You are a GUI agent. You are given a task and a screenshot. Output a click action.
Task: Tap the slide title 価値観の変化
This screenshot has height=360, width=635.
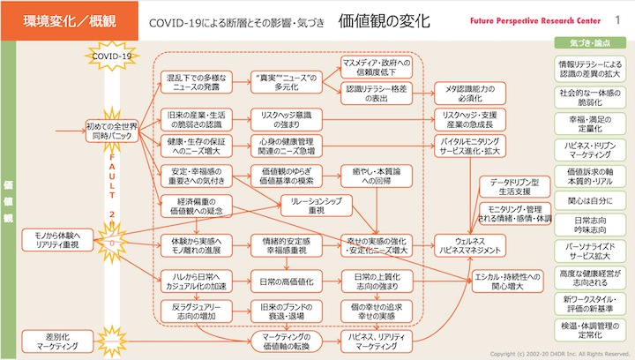coord(383,19)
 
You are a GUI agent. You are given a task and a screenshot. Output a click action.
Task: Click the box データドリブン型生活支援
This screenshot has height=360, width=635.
coord(519,186)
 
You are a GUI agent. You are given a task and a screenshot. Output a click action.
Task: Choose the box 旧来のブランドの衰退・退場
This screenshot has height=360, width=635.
coord(277,311)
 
